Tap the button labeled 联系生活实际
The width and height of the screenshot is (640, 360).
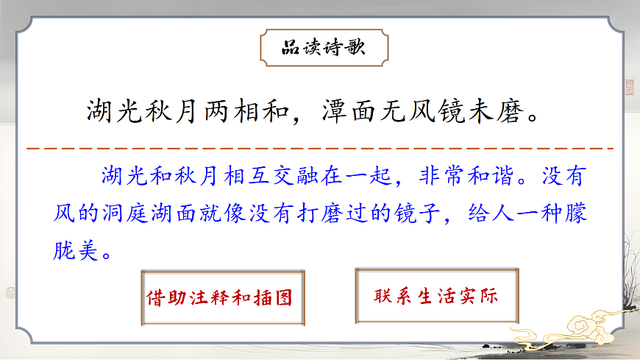pyautogui.click(x=436, y=297)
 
